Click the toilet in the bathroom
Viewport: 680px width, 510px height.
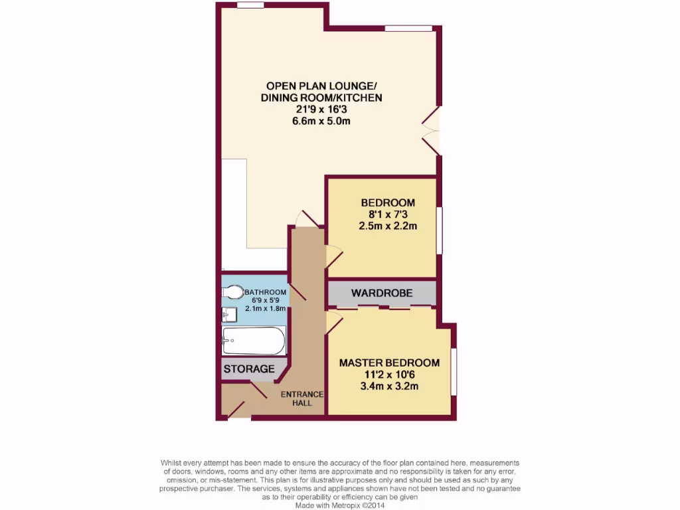pos(232,292)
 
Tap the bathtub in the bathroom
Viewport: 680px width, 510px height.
pos(254,341)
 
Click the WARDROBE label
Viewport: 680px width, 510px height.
pos(382,293)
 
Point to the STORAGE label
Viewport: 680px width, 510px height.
pos(249,369)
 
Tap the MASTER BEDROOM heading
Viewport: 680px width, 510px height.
pos(389,363)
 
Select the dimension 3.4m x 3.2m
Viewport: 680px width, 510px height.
pos(389,386)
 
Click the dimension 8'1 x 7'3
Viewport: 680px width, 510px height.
pos(388,214)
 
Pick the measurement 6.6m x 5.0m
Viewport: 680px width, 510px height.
pos(321,121)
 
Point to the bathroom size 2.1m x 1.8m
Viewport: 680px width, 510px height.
pos(266,308)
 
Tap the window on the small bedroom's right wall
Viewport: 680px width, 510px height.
pos(439,230)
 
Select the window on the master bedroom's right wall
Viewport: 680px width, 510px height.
pos(454,371)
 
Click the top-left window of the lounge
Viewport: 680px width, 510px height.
pos(250,5)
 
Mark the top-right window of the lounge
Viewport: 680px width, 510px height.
pos(408,28)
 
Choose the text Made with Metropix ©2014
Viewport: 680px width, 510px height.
pos(340,505)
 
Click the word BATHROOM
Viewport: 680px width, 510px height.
pos(266,292)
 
